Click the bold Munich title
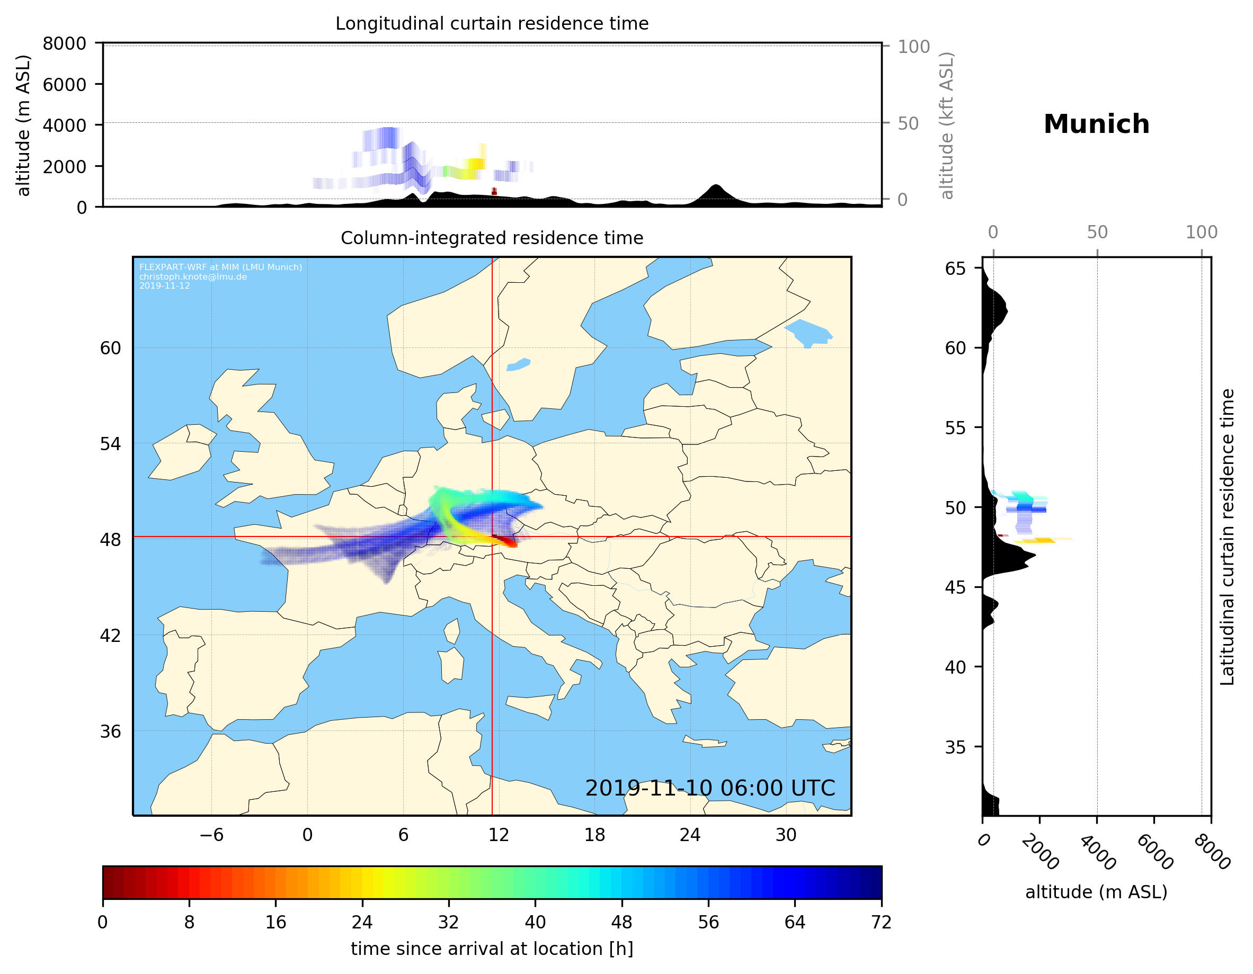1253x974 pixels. [x=1096, y=124]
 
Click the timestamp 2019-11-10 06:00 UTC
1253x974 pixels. [x=710, y=788]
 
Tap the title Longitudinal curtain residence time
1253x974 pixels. [x=492, y=23]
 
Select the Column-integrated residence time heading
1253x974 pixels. [x=492, y=238]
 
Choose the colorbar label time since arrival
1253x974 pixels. [x=492, y=949]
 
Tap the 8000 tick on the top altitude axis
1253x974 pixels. [x=64, y=43]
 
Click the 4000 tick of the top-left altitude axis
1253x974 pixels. [x=64, y=125]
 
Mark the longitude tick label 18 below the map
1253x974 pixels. [x=594, y=835]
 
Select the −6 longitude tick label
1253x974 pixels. [x=211, y=835]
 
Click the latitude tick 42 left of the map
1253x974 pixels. [x=110, y=636]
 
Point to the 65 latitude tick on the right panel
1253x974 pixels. [x=955, y=269]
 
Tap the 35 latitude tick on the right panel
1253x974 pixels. [x=955, y=747]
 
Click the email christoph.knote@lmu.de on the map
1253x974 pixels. [x=193, y=276]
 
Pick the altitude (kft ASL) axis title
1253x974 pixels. [x=947, y=126]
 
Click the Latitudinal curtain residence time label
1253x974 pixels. [x=1227, y=537]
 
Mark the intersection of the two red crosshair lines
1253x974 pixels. [x=492, y=537]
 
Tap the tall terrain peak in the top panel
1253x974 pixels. [x=715, y=186]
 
